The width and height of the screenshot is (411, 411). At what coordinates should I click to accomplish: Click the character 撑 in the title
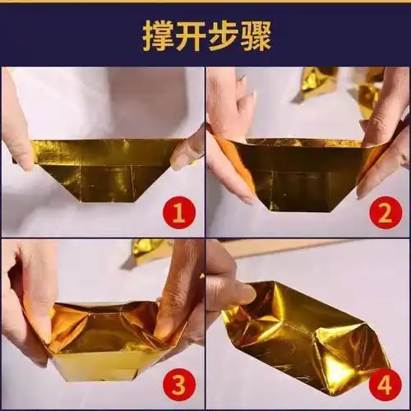pos(159,37)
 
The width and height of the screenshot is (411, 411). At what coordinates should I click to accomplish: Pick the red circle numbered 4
pos(384,383)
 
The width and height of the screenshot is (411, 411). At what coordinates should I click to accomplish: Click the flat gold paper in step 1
pos(107,169)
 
